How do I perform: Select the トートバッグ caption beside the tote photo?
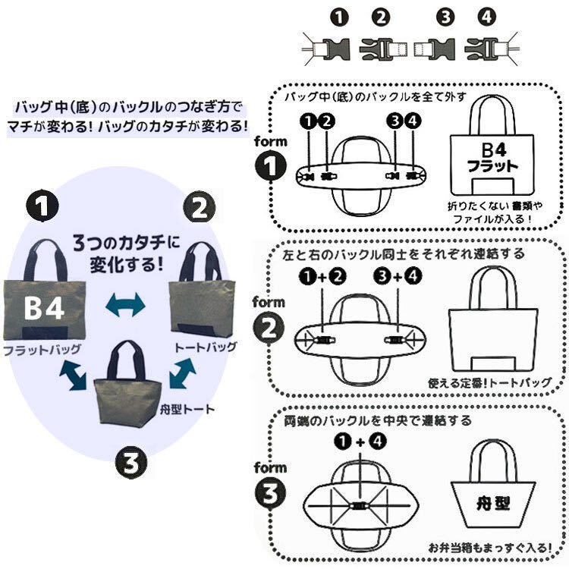point(206,347)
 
